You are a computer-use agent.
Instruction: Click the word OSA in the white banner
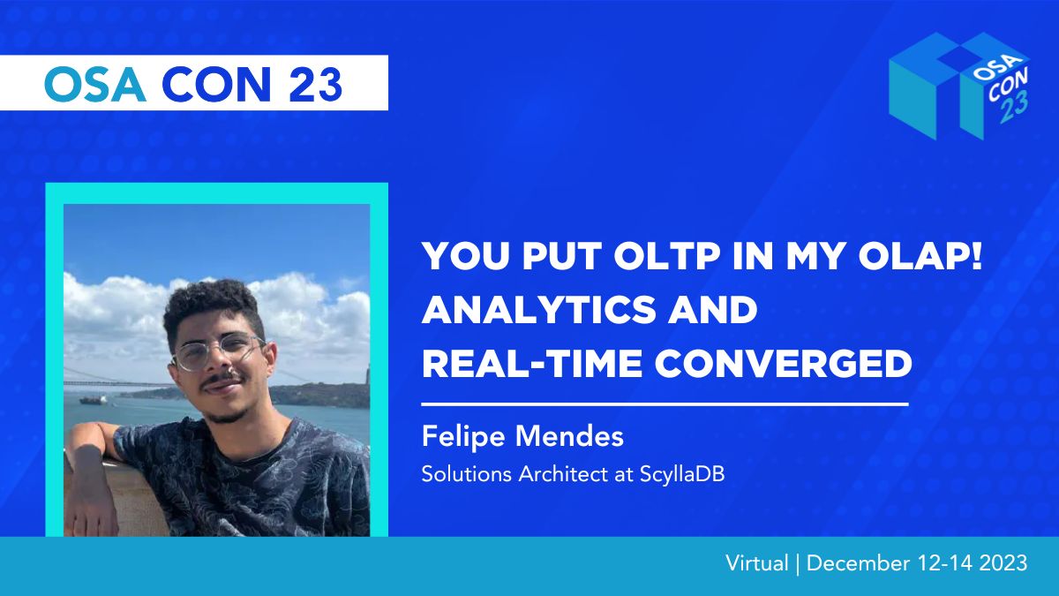pyautogui.click(x=95, y=84)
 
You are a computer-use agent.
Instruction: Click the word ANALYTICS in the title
pyautogui.click(x=538, y=310)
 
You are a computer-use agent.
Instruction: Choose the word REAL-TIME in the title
pyautogui.click(x=532, y=363)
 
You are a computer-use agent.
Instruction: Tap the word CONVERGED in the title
pyautogui.click(x=784, y=363)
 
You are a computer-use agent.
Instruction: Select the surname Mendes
pyautogui.click(x=570, y=435)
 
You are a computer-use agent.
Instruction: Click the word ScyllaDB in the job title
pyautogui.click(x=681, y=474)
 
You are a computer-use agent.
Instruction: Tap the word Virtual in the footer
pyautogui.click(x=757, y=563)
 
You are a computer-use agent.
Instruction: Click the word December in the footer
pyautogui.click(x=858, y=563)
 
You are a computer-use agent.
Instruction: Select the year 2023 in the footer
pyautogui.click(x=1003, y=563)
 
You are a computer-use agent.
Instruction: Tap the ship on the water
pyautogui.click(x=94, y=401)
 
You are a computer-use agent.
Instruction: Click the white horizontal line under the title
pyautogui.click(x=665, y=404)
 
